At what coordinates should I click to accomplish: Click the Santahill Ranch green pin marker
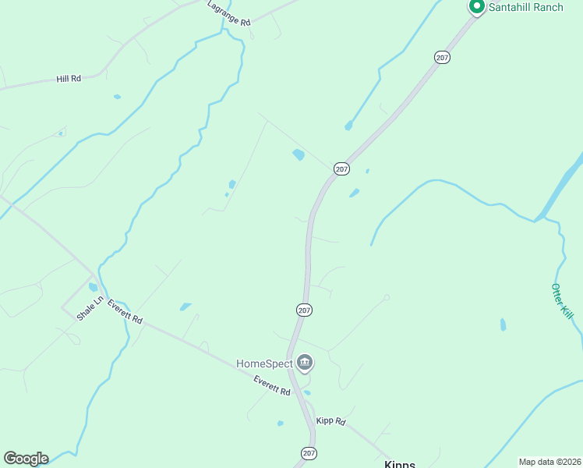[x=476, y=7]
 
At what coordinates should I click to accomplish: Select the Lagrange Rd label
[x=229, y=14]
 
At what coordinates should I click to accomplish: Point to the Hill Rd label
[x=69, y=79]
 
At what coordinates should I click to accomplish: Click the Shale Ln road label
[x=90, y=309]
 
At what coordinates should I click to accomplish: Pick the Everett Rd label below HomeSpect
[x=272, y=385]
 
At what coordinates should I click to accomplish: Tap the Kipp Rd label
[x=330, y=421]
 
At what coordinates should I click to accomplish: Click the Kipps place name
[x=399, y=463]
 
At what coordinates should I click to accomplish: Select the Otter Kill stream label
[x=562, y=300]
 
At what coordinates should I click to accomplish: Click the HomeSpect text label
[x=264, y=363]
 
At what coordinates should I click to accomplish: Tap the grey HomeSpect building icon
[x=305, y=363]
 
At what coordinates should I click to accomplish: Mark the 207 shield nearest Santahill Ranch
[x=442, y=58]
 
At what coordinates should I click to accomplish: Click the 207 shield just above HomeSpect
[x=304, y=310]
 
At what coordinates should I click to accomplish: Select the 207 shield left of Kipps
[x=309, y=453]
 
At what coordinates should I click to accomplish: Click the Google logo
[x=26, y=459]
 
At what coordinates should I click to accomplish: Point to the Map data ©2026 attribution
[x=549, y=462]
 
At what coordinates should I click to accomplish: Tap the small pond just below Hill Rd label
[x=117, y=97]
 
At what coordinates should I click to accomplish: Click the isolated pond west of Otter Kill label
[x=503, y=324]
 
